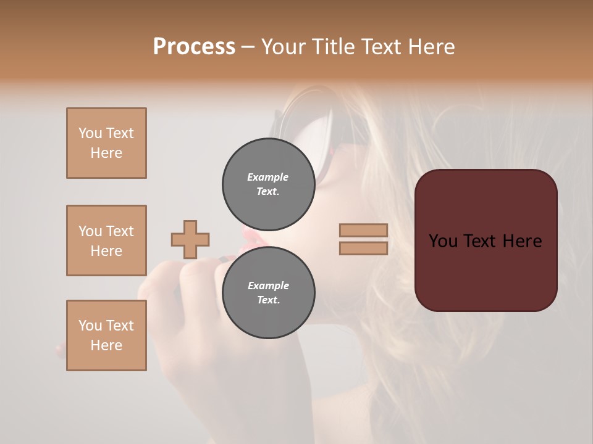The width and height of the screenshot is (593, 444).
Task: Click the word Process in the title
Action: coord(194,47)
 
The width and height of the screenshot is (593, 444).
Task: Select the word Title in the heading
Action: coord(330,47)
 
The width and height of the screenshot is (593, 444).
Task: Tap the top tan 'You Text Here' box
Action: coord(106,143)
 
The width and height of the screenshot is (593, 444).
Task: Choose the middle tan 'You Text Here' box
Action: coord(106,240)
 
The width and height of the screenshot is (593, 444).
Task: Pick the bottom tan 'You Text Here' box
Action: coord(106,335)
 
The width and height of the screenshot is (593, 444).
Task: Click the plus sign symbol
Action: coord(190,239)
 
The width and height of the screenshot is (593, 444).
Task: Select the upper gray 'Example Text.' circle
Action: coord(268,184)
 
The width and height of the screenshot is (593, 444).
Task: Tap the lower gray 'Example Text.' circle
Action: coord(268,292)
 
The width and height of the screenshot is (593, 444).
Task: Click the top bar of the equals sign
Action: coord(364,230)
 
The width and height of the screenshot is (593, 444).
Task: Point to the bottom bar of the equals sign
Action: coord(364,248)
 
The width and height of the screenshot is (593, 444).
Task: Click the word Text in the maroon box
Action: coord(484,241)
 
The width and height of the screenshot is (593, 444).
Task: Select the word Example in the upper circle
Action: coord(268,177)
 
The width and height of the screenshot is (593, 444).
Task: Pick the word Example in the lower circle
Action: coord(268,286)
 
